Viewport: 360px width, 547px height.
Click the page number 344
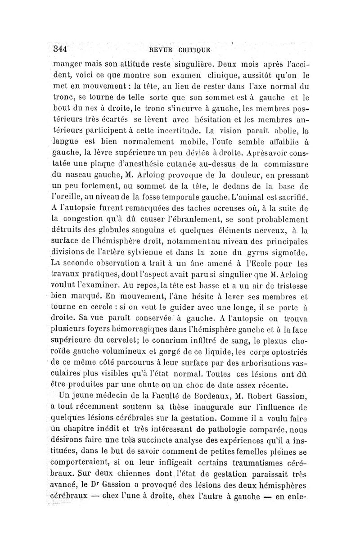[60, 48]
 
